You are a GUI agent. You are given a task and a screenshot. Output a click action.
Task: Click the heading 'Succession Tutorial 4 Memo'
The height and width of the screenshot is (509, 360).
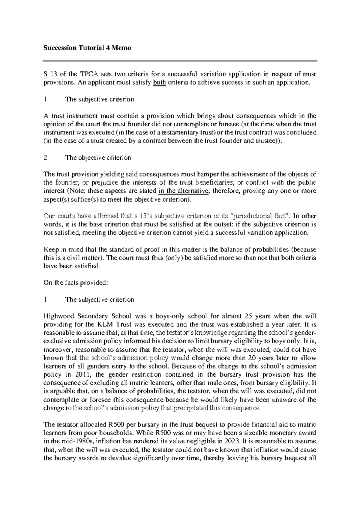point(87,48)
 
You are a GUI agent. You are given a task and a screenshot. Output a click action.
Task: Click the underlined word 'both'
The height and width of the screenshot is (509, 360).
point(159,83)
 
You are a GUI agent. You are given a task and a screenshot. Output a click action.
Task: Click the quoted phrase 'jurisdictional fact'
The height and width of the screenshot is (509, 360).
point(259,216)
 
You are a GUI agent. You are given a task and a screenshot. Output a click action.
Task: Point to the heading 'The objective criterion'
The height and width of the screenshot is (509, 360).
point(98,158)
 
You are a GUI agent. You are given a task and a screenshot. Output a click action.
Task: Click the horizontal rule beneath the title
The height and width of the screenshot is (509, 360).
point(180,61)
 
